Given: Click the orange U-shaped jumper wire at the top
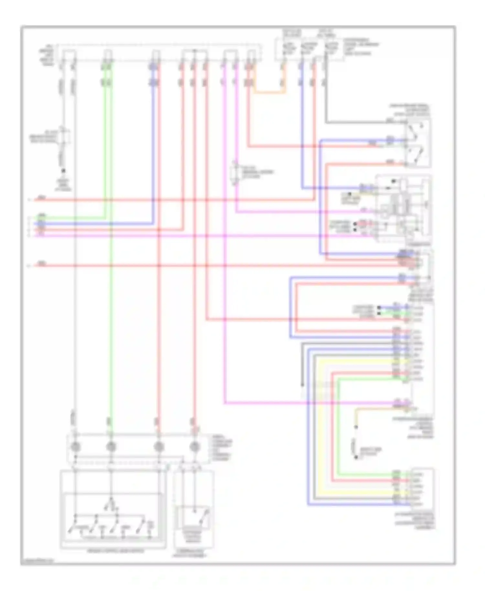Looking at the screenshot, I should (x=268, y=93).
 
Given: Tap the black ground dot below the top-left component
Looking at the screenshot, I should (x=64, y=171).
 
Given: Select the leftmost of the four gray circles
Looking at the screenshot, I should (x=75, y=447).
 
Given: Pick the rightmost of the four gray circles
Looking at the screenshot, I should (x=194, y=447).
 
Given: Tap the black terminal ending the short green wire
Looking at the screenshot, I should (x=379, y=313).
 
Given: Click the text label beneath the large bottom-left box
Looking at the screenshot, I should (x=115, y=551).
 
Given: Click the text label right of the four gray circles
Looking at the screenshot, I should (x=221, y=448).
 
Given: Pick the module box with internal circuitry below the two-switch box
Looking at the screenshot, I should (x=403, y=209).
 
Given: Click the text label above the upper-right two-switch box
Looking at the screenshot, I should (x=409, y=110).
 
